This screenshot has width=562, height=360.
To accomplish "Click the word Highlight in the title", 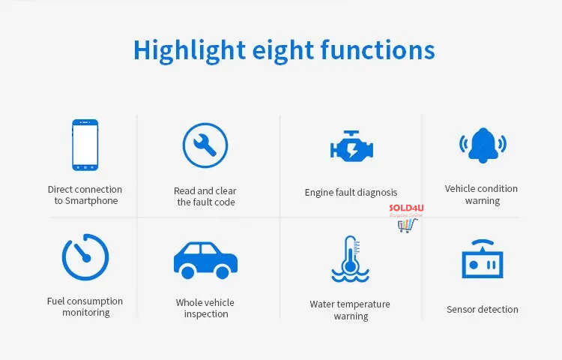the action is tap(190, 50).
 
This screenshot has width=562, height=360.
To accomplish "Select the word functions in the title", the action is tap(378, 49).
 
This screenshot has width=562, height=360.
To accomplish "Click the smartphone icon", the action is tap(85, 145).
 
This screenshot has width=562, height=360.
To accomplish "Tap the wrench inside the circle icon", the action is tap(205, 145).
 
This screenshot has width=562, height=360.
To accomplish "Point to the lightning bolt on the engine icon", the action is tap(352, 150).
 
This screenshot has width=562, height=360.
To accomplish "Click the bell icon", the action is tap(483, 145).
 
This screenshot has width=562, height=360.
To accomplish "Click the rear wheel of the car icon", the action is tap(187, 272).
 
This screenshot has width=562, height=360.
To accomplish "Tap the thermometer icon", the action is tap(350, 258).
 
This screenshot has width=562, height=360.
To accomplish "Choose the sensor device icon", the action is tap(483, 259).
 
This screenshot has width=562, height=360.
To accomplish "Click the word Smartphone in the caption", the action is tap(91, 201).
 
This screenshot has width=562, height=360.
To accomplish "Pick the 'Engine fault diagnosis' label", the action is tap(351, 193).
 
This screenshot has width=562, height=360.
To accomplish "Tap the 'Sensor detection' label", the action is tap(483, 309).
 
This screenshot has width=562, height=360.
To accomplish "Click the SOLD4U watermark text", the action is tap(406, 208).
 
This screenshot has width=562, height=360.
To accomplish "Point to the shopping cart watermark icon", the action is tap(407, 226).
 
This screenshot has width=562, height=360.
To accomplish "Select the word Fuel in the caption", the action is tap(56, 301).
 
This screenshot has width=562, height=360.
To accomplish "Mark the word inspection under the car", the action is tap(206, 314).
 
